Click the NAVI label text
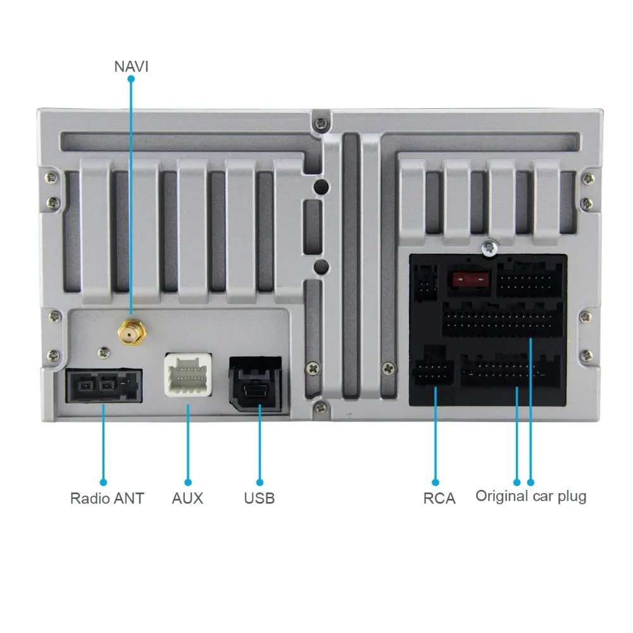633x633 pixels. click(131, 65)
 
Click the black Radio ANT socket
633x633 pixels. click(104, 385)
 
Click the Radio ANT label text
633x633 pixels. click(107, 498)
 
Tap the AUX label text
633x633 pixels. click(187, 498)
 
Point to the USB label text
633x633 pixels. click(260, 498)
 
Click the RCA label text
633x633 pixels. click(439, 498)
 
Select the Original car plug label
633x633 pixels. click(530, 496)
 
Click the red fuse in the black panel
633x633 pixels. click(469, 278)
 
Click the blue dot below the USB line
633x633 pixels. click(260, 481)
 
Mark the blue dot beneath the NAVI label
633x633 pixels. click(131, 79)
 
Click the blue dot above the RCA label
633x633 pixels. click(436, 481)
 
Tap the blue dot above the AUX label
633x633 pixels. click(187, 481)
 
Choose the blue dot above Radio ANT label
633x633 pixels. click(104, 481)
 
